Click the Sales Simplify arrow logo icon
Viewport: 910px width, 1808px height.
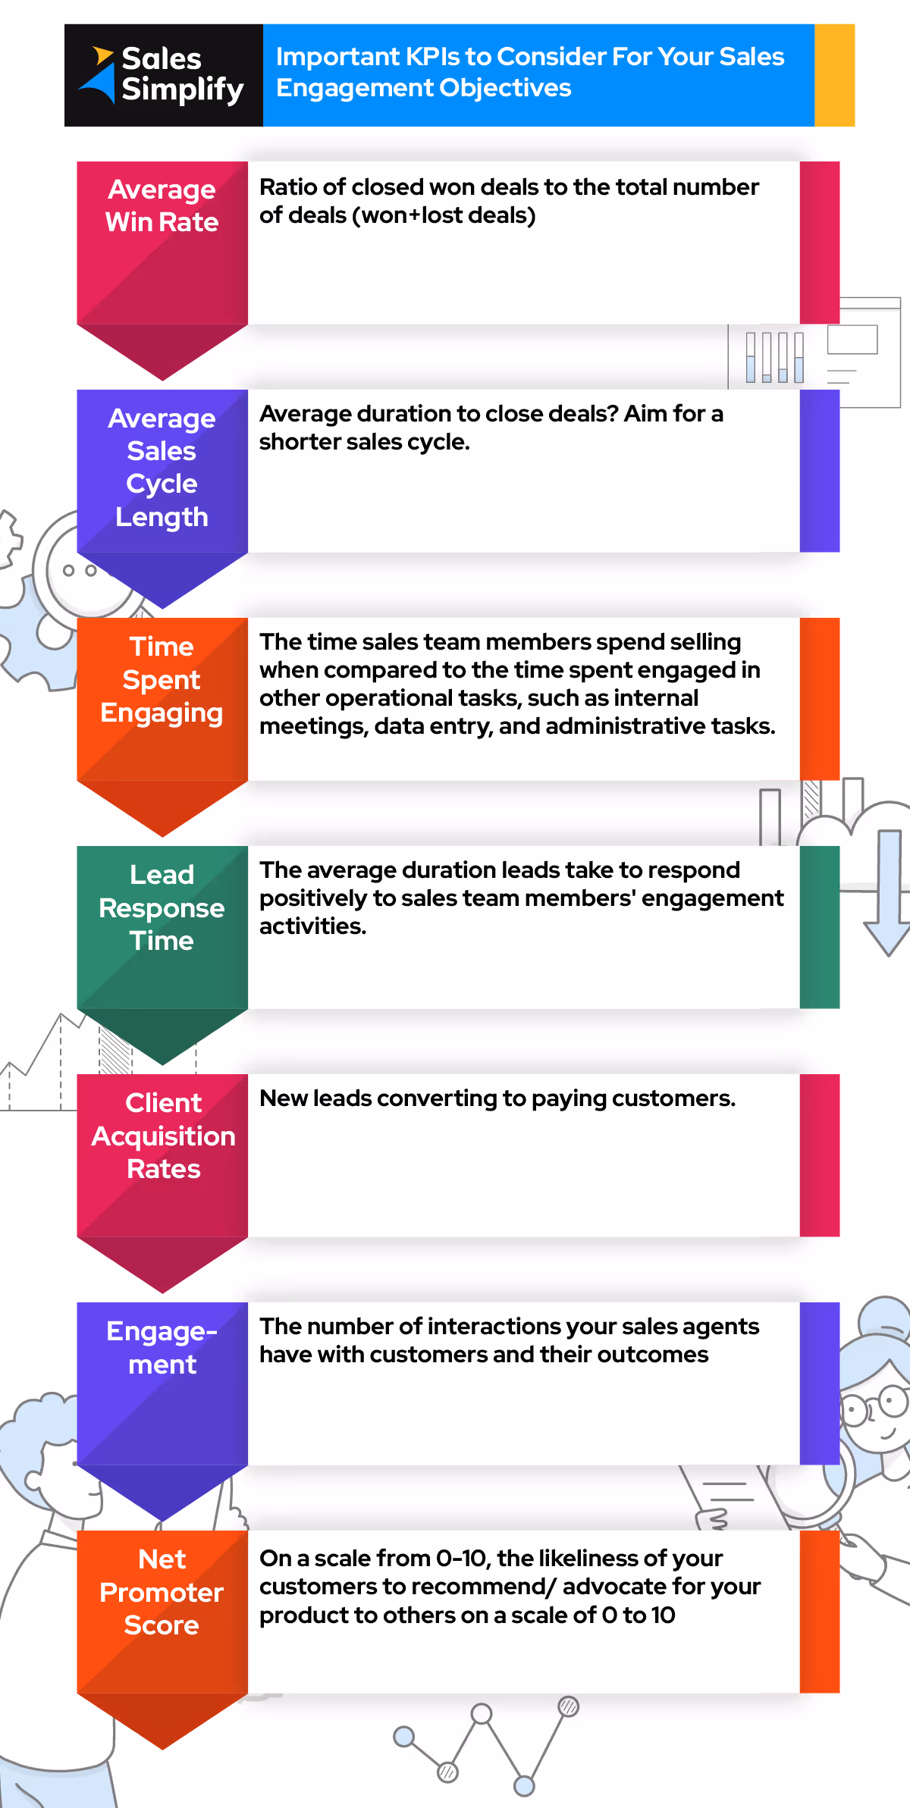tap(98, 75)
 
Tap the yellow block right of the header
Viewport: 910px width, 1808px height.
tap(834, 75)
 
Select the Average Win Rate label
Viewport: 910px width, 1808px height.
tap(162, 206)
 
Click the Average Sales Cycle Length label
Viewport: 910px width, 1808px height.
tap(162, 467)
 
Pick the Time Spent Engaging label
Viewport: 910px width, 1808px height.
tap(162, 680)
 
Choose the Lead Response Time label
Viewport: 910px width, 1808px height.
tap(162, 907)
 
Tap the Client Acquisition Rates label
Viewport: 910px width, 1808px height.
tap(163, 1136)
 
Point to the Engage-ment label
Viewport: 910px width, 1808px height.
tap(162, 1348)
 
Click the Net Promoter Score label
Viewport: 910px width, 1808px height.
tap(162, 1592)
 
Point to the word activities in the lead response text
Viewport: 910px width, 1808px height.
tap(312, 926)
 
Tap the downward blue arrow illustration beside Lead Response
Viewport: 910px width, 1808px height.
tap(888, 895)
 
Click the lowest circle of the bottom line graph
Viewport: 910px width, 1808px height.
tap(524, 1785)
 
